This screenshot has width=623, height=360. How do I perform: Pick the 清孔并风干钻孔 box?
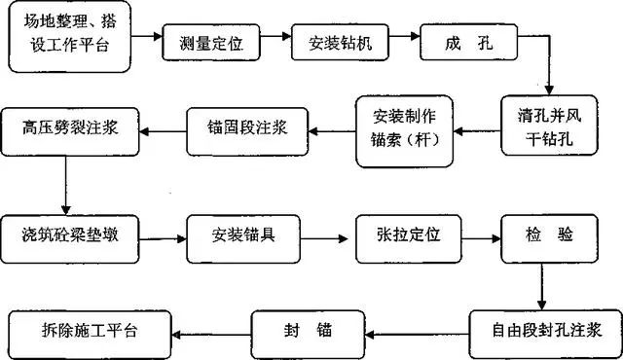(550, 125)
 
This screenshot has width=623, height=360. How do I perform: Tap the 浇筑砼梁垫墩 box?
(70, 235)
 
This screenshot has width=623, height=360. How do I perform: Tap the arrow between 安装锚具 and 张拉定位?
(327, 236)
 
